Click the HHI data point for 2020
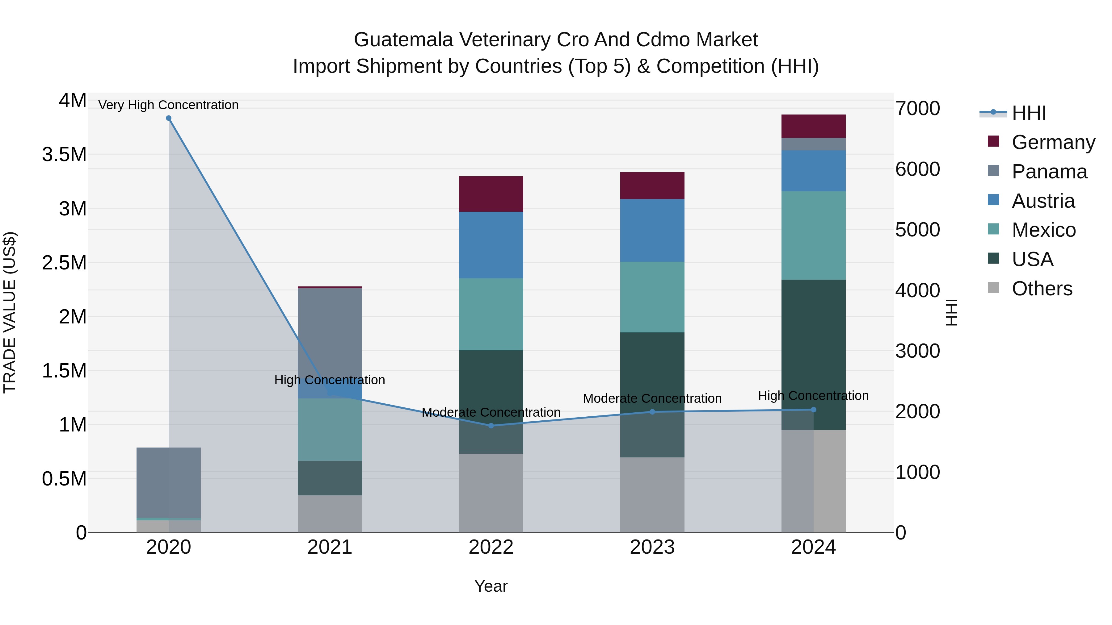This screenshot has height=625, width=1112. click(x=168, y=118)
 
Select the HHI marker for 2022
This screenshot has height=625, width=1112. click(x=491, y=426)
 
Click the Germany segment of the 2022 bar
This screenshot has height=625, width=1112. click(x=491, y=194)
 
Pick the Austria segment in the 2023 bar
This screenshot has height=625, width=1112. click(x=652, y=230)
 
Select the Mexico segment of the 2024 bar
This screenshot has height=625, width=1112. click(x=813, y=235)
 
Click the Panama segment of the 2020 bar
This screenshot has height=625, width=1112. click(x=168, y=482)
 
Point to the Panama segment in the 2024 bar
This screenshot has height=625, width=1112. click(x=813, y=144)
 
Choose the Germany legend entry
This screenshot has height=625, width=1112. click(x=1053, y=142)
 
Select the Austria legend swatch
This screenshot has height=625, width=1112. click(x=993, y=200)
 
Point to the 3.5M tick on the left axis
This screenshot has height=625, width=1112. click(x=64, y=154)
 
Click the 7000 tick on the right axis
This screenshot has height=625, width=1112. click(x=917, y=108)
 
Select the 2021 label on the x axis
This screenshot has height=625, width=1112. click(x=330, y=547)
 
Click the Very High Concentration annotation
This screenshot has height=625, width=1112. click(x=168, y=105)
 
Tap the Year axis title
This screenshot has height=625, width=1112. click(x=491, y=586)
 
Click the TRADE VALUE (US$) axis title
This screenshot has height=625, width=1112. click(x=10, y=312)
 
